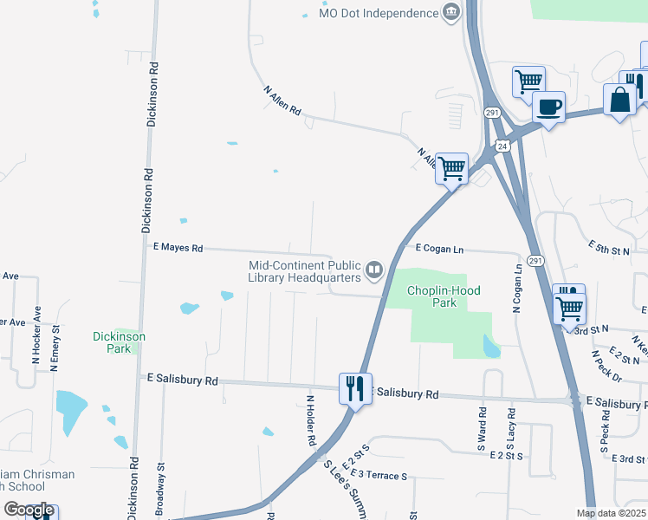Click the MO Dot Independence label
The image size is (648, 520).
click(379, 14)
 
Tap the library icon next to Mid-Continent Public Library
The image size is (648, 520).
click(374, 270)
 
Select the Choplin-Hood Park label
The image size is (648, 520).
click(444, 297)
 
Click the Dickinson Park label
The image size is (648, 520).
click(120, 342)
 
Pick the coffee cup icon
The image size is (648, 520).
click(549, 107)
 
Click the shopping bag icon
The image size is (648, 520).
click(620, 99)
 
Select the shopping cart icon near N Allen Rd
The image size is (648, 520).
click(451, 168)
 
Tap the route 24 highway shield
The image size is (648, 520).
click(502, 146)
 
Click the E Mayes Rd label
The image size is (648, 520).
click(178, 248)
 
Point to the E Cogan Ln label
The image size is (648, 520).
click(439, 250)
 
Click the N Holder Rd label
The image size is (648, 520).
click(310, 421)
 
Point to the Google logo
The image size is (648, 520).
click(29, 510)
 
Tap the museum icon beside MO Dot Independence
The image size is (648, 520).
click(450, 12)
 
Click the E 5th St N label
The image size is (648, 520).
click(608, 248)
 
